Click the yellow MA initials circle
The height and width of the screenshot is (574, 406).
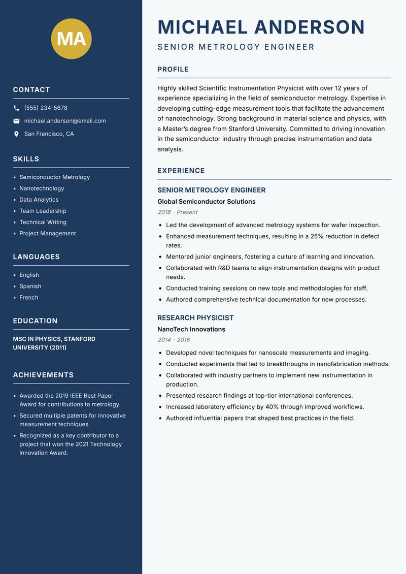point(72,39)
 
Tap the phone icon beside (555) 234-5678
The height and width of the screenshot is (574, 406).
point(16,108)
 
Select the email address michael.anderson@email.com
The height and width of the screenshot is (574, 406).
point(65,121)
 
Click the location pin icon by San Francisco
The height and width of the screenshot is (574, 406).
point(16,134)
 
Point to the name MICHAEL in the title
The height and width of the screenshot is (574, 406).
point(202,27)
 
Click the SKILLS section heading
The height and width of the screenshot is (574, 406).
point(26,159)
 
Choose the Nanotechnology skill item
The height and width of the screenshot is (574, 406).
point(42,188)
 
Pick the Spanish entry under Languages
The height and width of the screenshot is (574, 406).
point(30,286)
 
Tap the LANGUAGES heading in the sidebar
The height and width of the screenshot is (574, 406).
point(36,257)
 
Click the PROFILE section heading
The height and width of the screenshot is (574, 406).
point(173,70)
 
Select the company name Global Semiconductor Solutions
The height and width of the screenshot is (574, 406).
point(206,202)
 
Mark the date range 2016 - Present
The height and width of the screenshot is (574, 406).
point(177,212)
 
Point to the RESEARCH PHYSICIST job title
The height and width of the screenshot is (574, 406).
point(195,318)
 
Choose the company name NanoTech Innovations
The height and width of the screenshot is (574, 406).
point(191,329)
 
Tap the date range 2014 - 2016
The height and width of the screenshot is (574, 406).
point(173,340)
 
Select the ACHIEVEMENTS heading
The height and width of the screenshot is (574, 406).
point(43,375)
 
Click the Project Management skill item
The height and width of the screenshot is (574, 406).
point(47,234)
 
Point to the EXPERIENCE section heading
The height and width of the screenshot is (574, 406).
point(181,171)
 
